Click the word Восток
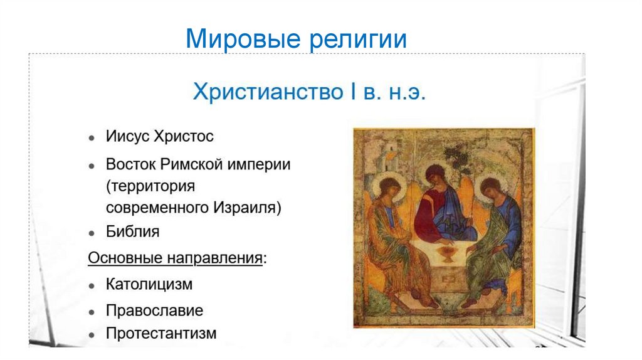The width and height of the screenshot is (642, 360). tap(130, 165)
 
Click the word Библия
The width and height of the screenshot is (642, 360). tap(132, 231)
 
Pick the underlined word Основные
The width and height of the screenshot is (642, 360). tap(125, 258)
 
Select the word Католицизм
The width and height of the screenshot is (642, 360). tap(149, 284)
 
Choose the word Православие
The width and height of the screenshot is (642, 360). tap(154, 310)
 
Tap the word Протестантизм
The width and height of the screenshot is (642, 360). tap(161, 333)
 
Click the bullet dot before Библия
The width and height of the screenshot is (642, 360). tap(92, 233)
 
